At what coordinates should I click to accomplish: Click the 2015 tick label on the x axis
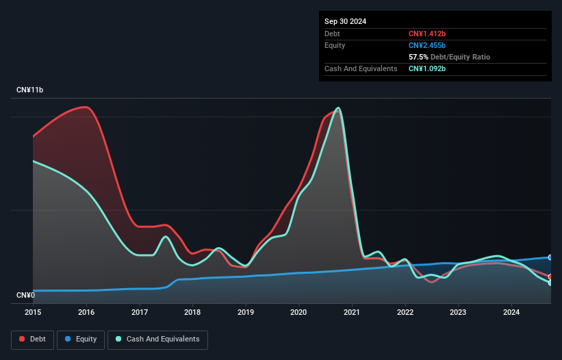pyautogui.click(x=33, y=313)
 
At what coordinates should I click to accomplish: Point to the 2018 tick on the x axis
pyautogui.click(x=192, y=313)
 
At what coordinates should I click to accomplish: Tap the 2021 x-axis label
pyautogui.click(x=352, y=313)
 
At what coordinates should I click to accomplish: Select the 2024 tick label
pyautogui.click(x=511, y=313)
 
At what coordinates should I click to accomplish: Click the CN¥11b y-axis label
pyautogui.click(x=30, y=90)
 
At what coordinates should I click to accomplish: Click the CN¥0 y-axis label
pyautogui.click(x=25, y=296)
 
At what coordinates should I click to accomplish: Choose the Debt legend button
pyautogui.click(x=32, y=339)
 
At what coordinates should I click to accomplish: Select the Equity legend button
pyautogui.click(x=81, y=339)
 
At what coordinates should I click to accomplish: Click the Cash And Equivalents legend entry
pyautogui.click(x=157, y=339)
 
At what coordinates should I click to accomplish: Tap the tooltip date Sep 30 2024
pyautogui.click(x=346, y=21)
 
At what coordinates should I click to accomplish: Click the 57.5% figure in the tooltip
pyautogui.click(x=419, y=57)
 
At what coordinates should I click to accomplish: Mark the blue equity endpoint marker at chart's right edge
pyautogui.click(x=550, y=257)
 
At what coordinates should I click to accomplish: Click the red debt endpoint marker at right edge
pyautogui.click(x=550, y=277)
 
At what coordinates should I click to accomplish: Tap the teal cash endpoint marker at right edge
pyautogui.click(x=550, y=283)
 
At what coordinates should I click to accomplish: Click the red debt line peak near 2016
pyautogui.click(x=86, y=107)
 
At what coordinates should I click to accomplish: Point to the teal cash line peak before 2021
pyautogui.click(x=337, y=108)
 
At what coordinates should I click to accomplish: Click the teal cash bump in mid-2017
pyautogui.click(x=166, y=237)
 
